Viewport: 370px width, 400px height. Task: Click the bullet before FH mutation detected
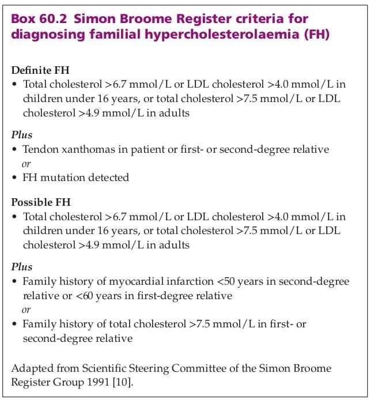(15, 177)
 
